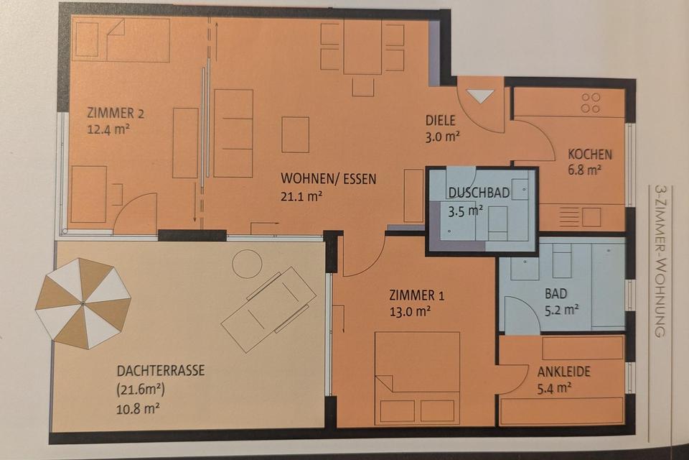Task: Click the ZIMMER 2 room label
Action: pyautogui.click(x=116, y=112)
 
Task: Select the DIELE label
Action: pyautogui.click(x=441, y=120)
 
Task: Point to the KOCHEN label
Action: pyautogui.click(x=590, y=154)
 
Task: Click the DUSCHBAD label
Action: pyautogui.click(x=479, y=193)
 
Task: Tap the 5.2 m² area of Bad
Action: pyautogui.click(x=562, y=310)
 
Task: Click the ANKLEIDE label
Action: pyautogui.click(x=563, y=372)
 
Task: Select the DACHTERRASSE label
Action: pyautogui.click(x=160, y=371)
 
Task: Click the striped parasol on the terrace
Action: pyautogui.click(x=83, y=303)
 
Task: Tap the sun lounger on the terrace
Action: pyautogui.click(x=268, y=308)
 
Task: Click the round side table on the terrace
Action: pyautogui.click(x=247, y=263)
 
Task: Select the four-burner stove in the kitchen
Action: pyautogui.click(x=590, y=103)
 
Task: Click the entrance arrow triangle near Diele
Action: pyautogui.click(x=480, y=96)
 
